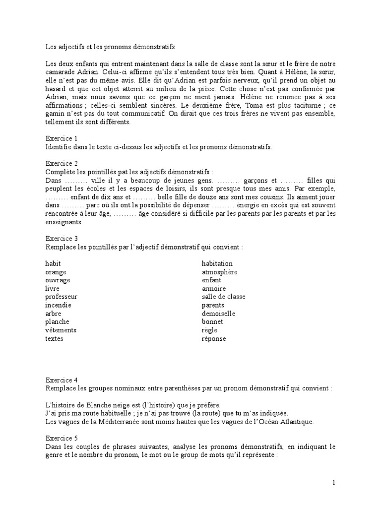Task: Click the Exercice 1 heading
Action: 62,138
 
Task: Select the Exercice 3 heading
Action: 62,238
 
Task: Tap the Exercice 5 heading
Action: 62,438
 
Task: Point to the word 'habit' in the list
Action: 53,263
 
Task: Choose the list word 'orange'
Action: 56,272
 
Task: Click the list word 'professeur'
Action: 61,297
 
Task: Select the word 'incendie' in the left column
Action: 58,305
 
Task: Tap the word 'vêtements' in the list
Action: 61,330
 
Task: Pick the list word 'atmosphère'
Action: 219,272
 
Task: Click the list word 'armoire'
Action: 214,288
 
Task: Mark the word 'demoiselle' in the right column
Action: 218,314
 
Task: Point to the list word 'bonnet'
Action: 212,322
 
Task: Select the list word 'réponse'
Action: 214,339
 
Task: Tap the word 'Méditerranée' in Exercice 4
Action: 119,422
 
